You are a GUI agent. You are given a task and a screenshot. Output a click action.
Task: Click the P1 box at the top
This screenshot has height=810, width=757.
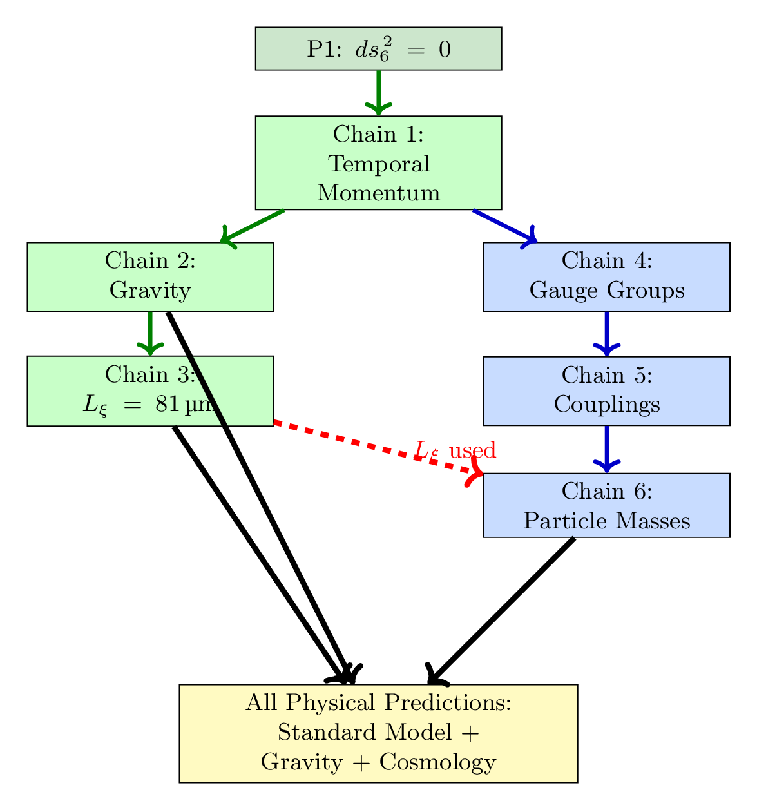click(378, 49)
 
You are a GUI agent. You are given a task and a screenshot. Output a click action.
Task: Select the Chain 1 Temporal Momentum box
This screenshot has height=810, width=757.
click(378, 163)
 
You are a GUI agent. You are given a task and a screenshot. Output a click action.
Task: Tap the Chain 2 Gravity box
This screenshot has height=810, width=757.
click(97, 277)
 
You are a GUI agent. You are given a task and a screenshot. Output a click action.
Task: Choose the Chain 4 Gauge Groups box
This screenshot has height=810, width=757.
click(606, 277)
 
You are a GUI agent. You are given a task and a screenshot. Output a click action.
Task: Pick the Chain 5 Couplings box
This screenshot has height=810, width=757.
click(606, 391)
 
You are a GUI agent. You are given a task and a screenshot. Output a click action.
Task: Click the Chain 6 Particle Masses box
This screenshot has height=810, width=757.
click(606, 505)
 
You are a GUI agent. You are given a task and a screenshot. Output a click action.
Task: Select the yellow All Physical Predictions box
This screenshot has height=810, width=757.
click(378, 733)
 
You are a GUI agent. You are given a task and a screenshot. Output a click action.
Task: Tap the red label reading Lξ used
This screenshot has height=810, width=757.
click(455, 450)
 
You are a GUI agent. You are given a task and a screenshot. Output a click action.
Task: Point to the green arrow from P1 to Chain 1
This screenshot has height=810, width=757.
click(378, 90)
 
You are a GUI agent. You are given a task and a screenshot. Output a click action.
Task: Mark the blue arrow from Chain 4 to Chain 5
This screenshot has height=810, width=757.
click(606, 332)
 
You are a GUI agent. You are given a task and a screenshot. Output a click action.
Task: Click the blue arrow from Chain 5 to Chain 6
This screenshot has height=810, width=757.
click(606, 448)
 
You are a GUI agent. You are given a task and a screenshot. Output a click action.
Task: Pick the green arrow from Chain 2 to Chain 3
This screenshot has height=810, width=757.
click(149, 332)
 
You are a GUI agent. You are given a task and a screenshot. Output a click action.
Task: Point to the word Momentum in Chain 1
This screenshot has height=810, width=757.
click(378, 193)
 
